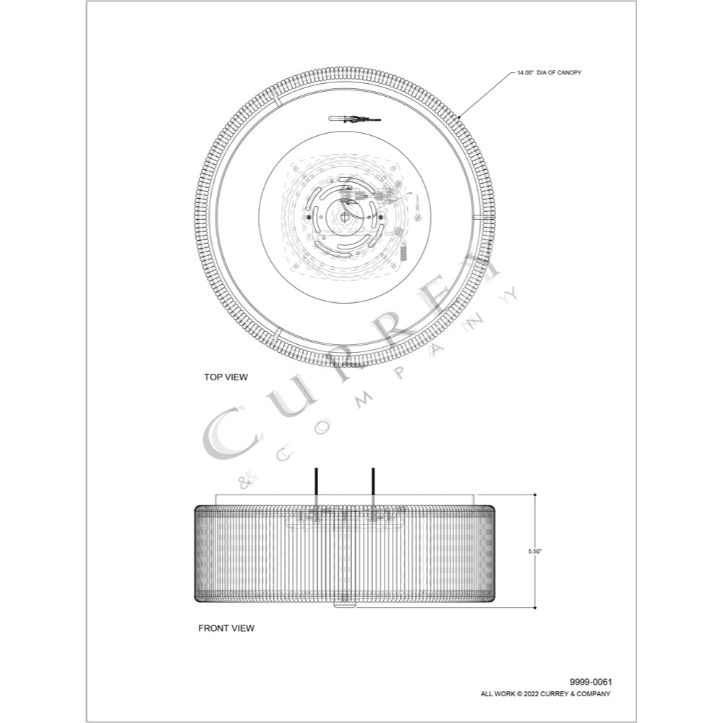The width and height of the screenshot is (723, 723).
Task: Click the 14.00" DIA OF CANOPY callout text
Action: [549, 73]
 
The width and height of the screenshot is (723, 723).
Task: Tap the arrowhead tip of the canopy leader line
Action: [458, 116]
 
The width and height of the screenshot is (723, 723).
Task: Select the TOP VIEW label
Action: [226, 377]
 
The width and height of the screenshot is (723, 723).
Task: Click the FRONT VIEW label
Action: [226, 628]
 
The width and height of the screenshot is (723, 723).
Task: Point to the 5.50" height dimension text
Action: [535, 552]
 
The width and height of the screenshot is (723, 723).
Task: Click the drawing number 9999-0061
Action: [591, 682]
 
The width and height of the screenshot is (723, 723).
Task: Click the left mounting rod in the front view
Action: [316, 484]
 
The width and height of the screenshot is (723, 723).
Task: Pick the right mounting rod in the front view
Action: [372, 484]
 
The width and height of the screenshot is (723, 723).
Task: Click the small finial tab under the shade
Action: [344, 605]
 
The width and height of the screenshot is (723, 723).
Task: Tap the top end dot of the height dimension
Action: [535, 495]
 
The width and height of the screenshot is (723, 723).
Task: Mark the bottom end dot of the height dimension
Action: [535, 607]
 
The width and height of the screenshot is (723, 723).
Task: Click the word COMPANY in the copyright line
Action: [595, 694]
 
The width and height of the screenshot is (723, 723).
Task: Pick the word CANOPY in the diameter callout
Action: [569, 73]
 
